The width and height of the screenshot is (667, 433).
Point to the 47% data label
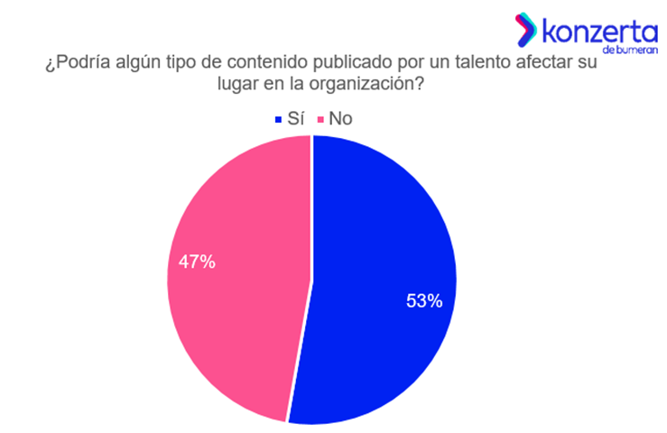(x=198, y=263)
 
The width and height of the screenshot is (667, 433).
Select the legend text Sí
(x=295, y=118)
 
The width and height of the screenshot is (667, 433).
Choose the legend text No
(x=340, y=118)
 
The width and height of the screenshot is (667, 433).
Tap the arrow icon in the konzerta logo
(x=525, y=31)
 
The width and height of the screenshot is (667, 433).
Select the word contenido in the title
(x=273, y=65)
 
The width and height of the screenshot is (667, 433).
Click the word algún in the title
(x=140, y=65)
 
